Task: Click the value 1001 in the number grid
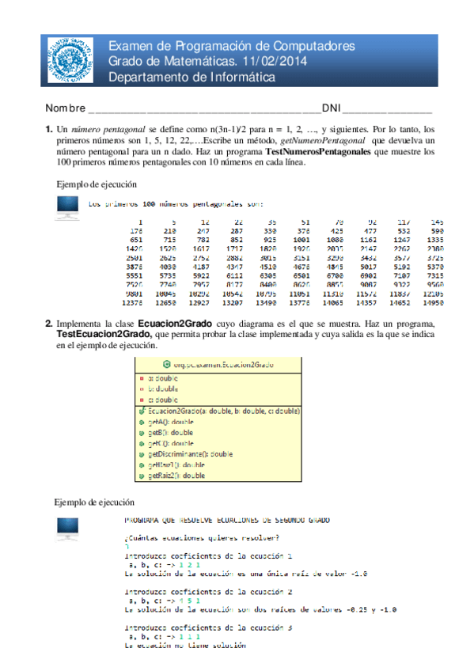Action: [300, 238]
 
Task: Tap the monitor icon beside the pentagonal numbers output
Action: [67, 209]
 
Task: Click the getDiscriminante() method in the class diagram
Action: [189, 454]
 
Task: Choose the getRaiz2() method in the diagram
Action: [176, 476]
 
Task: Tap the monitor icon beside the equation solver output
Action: [67, 528]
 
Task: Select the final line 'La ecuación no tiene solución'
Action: [184, 646]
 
